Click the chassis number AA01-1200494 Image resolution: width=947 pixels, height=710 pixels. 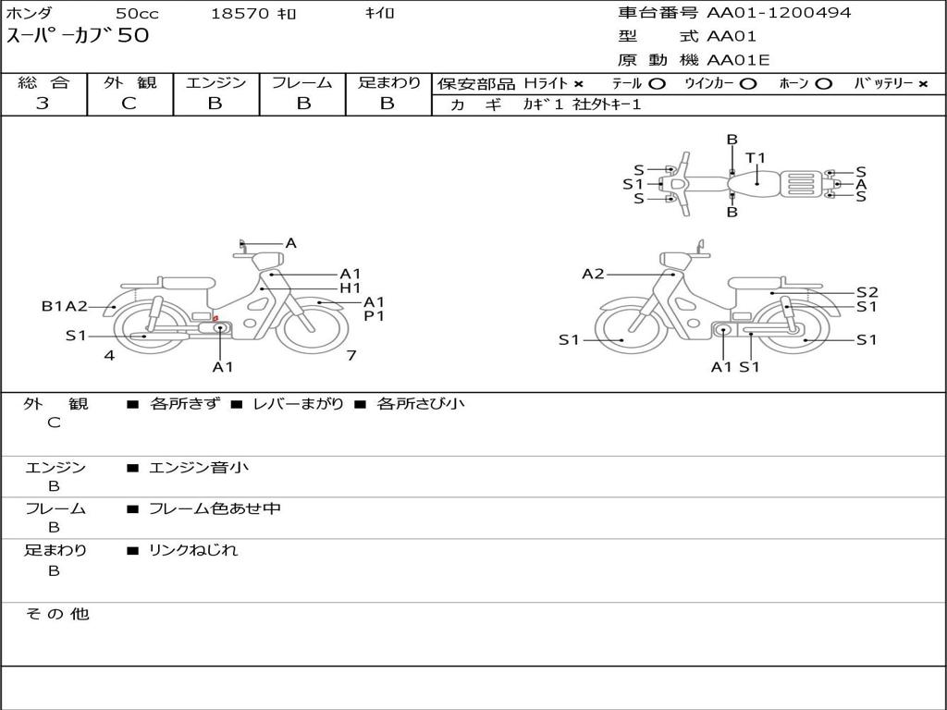[779, 13]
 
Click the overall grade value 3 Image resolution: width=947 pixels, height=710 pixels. [43, 104]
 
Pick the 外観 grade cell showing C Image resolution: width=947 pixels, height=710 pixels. [129, 104]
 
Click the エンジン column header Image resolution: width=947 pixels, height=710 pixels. [215, 82]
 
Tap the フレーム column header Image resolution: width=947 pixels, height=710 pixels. [301, 82]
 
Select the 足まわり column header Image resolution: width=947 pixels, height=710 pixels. [389, 82]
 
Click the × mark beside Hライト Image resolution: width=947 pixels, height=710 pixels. [578, 83]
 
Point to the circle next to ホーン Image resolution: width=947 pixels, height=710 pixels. [824, 83]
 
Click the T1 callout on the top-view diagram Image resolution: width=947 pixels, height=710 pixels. [756, 157]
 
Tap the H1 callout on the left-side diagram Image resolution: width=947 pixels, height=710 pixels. [350, 288]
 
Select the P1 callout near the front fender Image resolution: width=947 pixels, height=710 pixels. [374, 315]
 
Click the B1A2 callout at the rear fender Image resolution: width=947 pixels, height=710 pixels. [64, 306]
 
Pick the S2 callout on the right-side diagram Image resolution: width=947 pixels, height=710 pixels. [867, 291]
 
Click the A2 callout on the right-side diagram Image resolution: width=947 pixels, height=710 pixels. [593, 274]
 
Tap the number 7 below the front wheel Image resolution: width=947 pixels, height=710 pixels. [351, 355]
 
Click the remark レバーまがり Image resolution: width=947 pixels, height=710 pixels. [298, 404]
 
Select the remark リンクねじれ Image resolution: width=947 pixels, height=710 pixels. [193, 550]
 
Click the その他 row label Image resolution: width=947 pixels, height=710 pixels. [56, 614]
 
